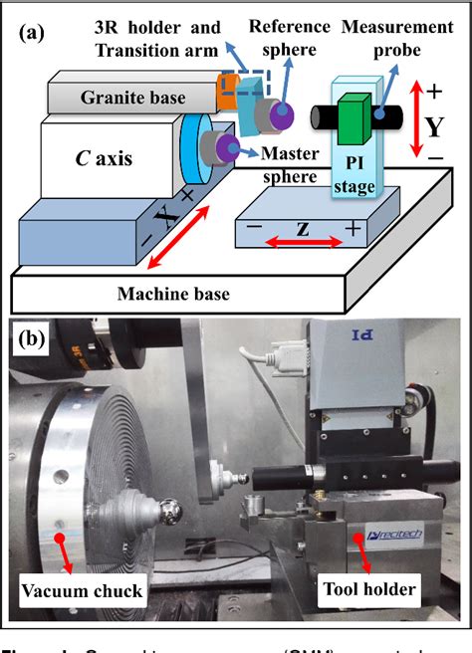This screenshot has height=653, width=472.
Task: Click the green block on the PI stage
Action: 354,117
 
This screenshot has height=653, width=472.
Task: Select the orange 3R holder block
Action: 228,93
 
